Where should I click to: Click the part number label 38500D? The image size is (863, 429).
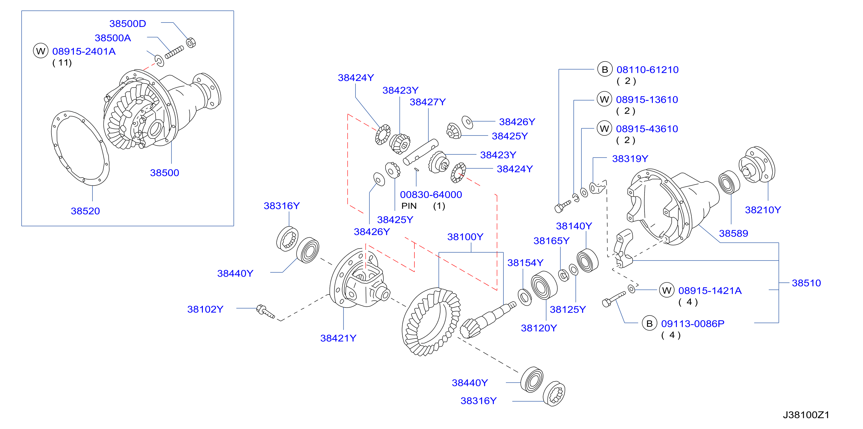tap(128, 24)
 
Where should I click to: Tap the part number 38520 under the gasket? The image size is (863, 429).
tap(86, 211)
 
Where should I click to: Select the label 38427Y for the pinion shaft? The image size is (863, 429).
tap(428, 102)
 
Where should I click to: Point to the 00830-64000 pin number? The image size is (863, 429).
tap(431, 195)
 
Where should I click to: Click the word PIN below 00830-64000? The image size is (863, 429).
tap(409, 206)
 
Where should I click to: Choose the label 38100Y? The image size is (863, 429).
tap(465, 237)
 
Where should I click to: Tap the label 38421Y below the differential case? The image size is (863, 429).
tap(338, 338)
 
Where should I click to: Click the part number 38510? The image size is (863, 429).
tap(806, 283)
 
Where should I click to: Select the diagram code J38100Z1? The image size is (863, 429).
tap(806, 415)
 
